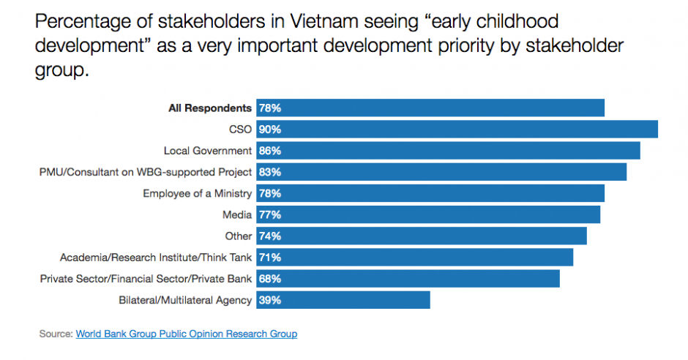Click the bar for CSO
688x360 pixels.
point(457,130)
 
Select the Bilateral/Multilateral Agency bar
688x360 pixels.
point(343,300)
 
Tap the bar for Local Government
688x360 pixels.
point(448,151)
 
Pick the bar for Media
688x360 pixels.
point(428,215)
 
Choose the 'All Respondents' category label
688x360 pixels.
point(210,108)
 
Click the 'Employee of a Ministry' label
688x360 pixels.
point(197,194)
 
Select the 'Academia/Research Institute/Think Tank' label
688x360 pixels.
point(157,258)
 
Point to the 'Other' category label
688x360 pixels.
point(238,236)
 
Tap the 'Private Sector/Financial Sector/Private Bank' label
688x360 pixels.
point(146,279)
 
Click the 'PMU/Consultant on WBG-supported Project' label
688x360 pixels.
point(145,172)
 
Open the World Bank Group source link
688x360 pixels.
point(186,334)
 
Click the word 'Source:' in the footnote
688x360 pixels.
point(56,334)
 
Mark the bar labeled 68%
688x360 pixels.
point(408,279)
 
